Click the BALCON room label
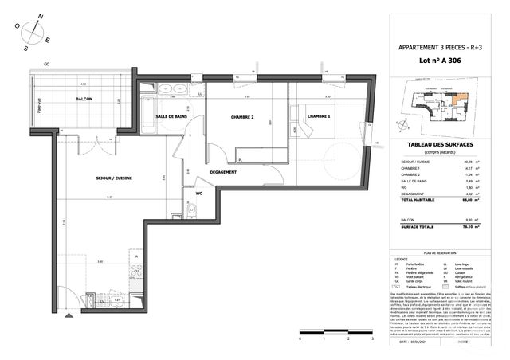click(x=83, y=99)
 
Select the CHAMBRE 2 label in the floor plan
click(x=241, y=117)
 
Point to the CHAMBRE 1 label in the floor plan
click(x=319, y=116)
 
